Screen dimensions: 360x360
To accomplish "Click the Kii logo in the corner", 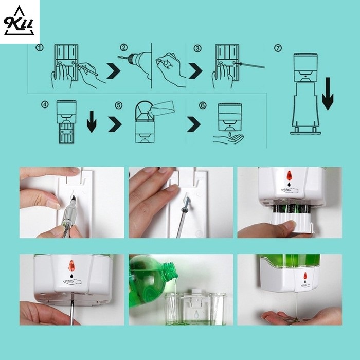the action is (x=19, y=21).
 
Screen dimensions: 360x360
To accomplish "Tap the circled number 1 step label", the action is (x=39, y=48).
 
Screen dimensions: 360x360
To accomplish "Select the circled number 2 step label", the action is (x=124, y=48).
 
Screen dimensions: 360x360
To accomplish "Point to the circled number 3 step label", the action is (x=197, y=48).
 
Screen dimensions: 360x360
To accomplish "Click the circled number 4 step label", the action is (x=45, y=105).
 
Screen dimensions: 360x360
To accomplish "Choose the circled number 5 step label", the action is (x=118, y=105).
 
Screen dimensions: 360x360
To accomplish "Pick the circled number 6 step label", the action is (x=203, y=105).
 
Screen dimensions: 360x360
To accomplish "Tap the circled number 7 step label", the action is (x=278, y=48).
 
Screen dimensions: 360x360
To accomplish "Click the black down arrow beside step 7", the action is (x=328, y=94).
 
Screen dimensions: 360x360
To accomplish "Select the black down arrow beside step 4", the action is (x=92, y=122).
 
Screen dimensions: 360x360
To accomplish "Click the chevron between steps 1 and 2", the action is (x=114, y=71).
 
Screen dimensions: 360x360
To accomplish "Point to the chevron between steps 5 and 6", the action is (x=193, y=124).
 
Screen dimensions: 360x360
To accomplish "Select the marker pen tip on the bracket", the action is (x=74, y=197).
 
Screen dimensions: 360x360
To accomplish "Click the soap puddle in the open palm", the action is (x=296, y=319).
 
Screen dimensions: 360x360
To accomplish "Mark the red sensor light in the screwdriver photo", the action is (x=71, y=265).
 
